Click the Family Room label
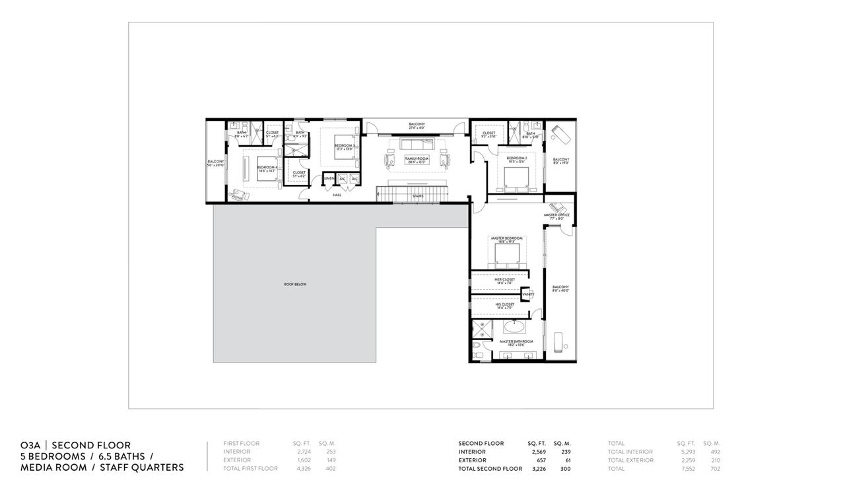pos(417,160)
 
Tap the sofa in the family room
pos(417,145)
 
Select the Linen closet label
pos(329,179)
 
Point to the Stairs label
pos(417,196)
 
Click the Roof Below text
pos(295,285)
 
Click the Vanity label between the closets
pos(528,294)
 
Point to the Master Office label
pos(557,217)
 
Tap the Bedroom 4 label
pos(266,169)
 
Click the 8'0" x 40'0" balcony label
pos(560,289)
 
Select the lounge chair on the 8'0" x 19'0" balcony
pos(560,133)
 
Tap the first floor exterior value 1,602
pos(302,460)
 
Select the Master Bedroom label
pos(506,240)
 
